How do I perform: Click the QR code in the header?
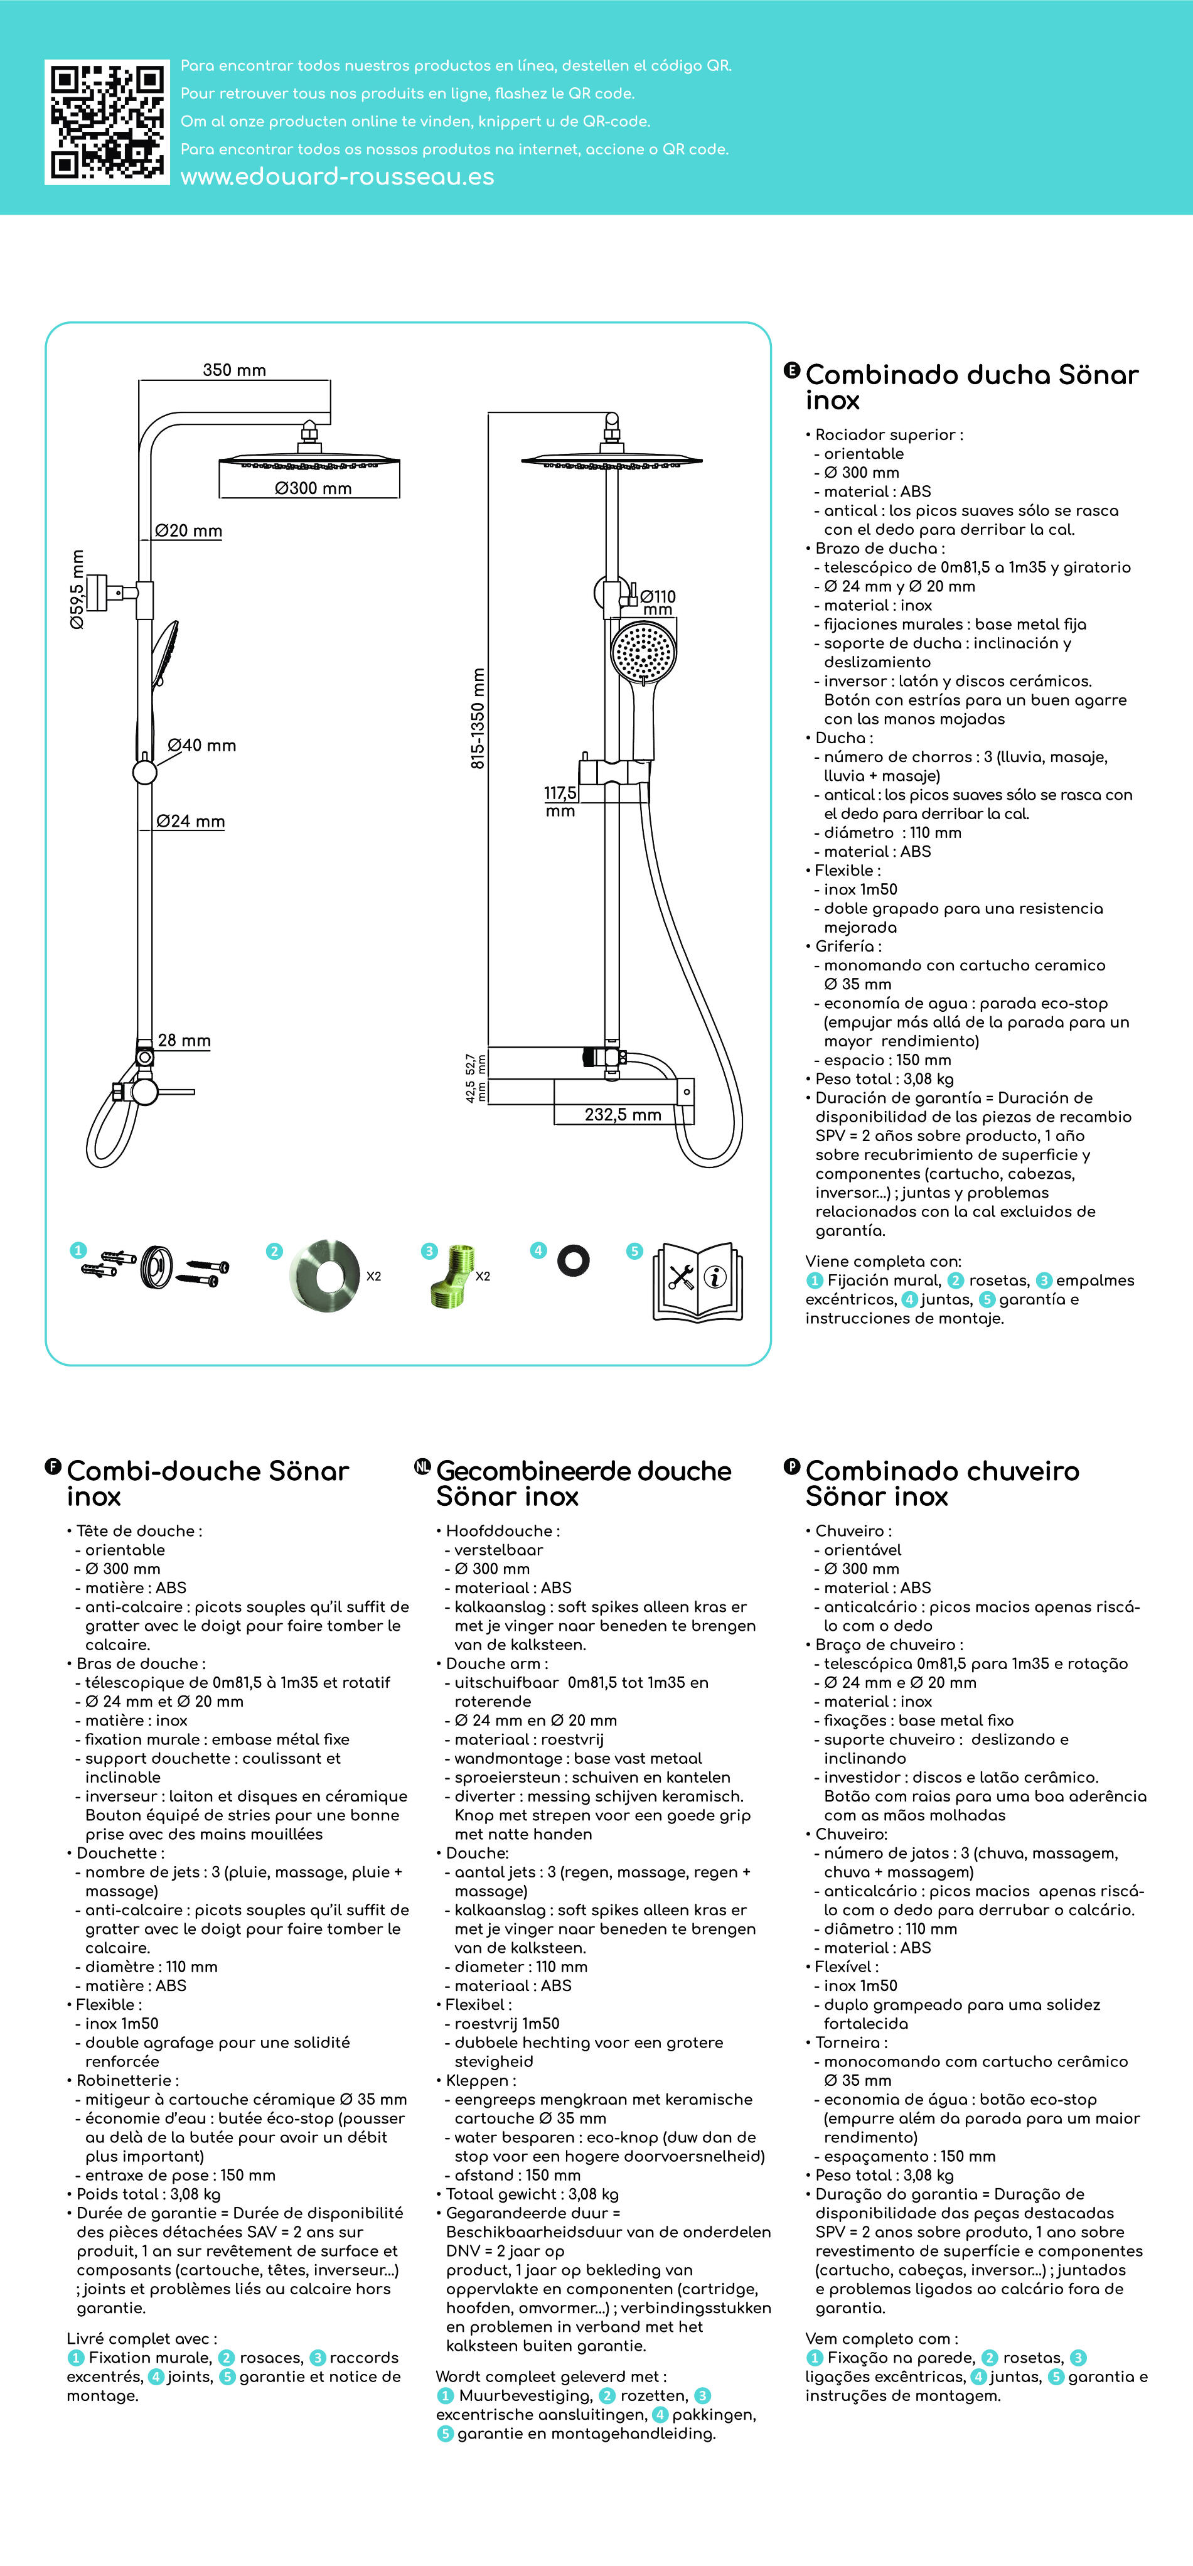(x=107, y=122)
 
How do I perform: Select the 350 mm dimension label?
(x=234, y=370)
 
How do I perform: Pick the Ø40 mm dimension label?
(x=201, y=745)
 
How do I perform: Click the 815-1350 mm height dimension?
(x=478, y=718)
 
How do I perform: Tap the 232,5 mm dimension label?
(x=623, y=1115)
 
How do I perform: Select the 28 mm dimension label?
(x=185, y=1040)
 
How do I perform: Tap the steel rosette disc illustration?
(x=324, y=1275)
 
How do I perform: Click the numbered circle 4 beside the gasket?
(x=538, y=1250)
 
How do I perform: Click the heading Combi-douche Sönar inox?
(x=207, y=1483)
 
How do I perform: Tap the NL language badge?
(x=422, y=1466)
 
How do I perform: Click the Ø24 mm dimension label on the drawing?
(x=190, y=822)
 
